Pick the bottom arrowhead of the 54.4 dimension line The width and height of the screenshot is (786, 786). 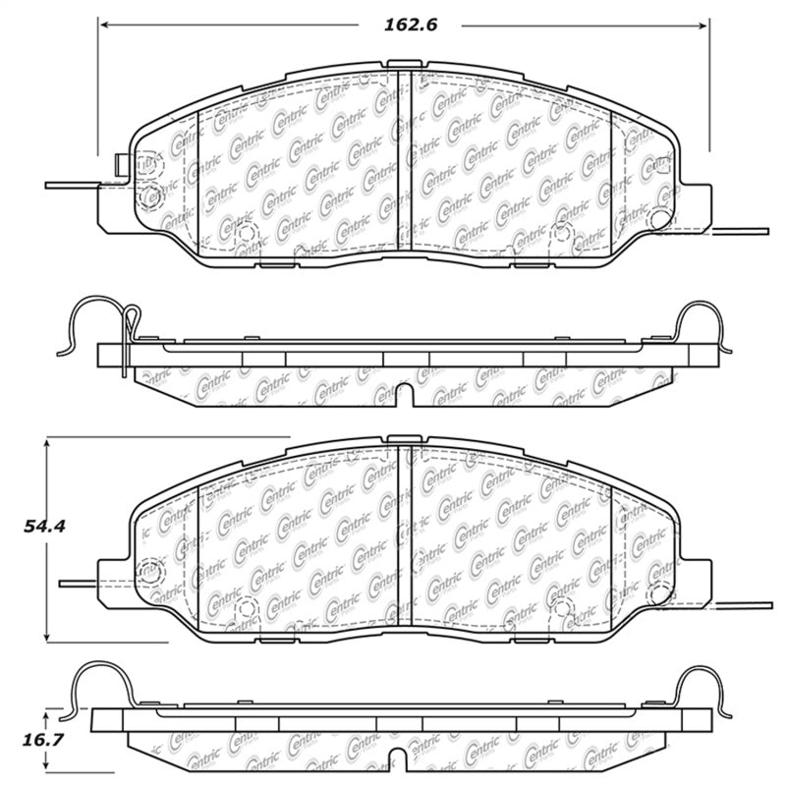[48, 636]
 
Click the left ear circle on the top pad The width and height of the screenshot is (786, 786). [150, 198]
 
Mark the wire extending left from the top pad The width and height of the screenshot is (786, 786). [74, 186]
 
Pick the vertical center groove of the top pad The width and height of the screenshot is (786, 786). [404, 162]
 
